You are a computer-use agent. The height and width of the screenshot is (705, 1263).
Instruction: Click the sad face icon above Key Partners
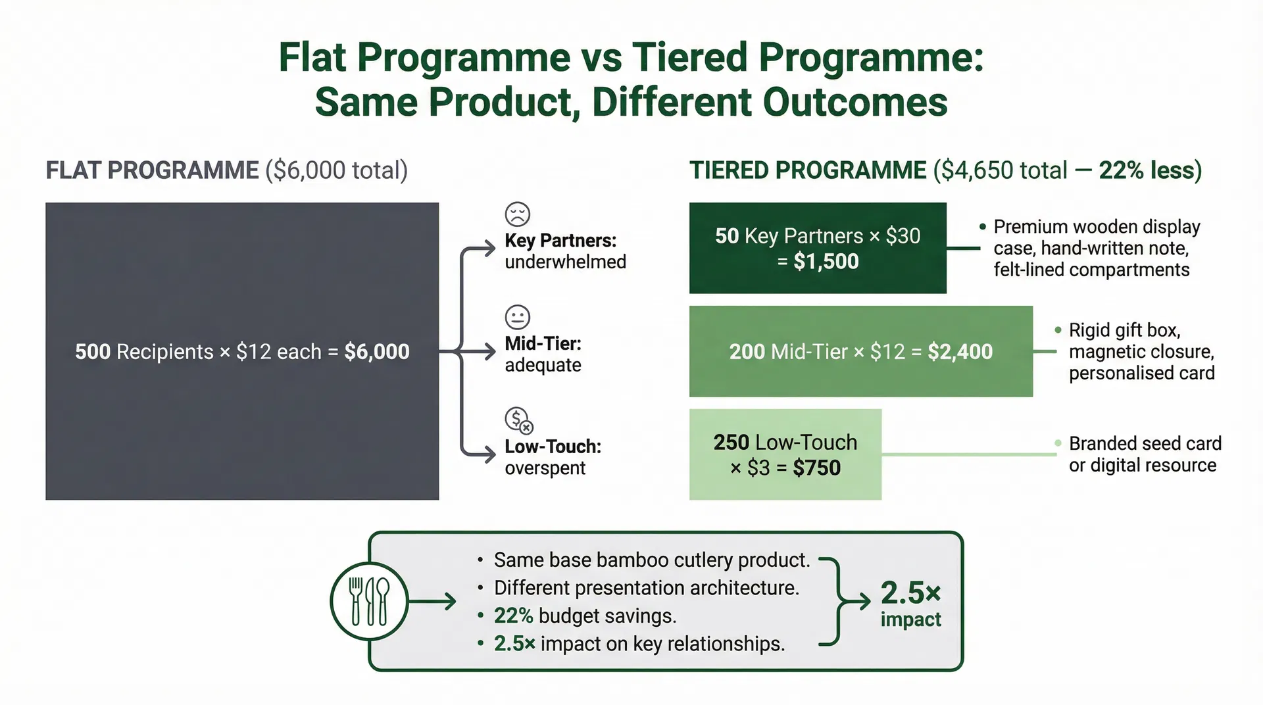[x=518, y=214]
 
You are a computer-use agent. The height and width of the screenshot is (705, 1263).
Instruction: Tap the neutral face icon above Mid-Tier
[x=518, y=317]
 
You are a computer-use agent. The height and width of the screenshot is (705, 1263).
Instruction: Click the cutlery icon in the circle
[x=369, y=601]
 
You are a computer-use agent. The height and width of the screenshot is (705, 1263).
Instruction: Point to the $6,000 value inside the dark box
[x=377, y=352]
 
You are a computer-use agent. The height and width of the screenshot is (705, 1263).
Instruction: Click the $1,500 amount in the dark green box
[x=826, y=262]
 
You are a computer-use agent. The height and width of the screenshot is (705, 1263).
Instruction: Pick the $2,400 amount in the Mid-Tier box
[x=960, y=352]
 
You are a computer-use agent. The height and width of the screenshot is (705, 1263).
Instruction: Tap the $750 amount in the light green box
[x=816, y=468]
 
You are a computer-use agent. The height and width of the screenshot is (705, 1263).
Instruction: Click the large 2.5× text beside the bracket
[x=910, y=593]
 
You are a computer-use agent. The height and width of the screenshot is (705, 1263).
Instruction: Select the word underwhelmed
[x=565, y=262]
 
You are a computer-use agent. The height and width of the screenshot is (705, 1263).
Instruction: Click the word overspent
[x=545, y=468]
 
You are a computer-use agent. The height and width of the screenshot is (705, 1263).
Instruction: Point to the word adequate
[x=543, y=365]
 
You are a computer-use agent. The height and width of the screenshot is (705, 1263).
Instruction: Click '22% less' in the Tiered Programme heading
[x=1150, y=170]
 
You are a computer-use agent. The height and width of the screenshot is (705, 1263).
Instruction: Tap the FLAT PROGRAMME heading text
[x=152, y=170]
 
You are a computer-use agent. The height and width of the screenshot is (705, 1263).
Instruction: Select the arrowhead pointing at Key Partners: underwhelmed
[x=489, y=249]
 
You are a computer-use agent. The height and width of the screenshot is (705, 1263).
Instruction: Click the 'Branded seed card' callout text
[x=1145, y=444]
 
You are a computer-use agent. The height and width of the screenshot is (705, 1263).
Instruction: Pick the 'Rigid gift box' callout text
[x=1124, y=330]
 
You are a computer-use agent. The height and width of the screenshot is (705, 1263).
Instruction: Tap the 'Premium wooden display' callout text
[x=1097, y=227]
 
